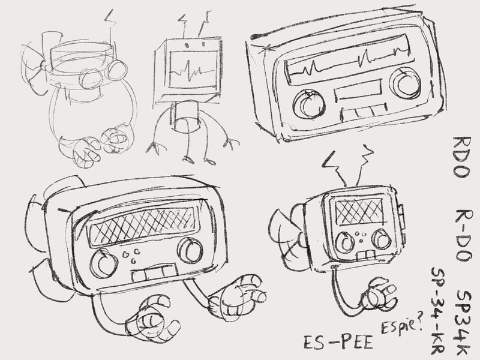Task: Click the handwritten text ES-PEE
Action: [338, 342]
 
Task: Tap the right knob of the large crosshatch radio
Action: [190, 250]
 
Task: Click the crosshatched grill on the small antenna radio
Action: [359, 211]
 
